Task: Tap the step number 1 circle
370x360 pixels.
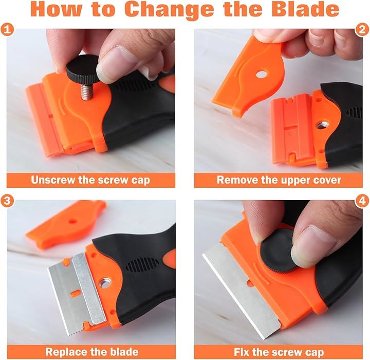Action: tap(7, 30)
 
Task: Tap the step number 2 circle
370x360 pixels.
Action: tap(362, 30)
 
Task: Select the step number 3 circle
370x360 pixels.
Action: tap(7, 201)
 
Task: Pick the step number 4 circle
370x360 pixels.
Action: tap(362, 201)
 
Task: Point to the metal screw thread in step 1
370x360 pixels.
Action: tap(87, 92)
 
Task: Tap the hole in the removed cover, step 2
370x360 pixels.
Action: tap(262, 75)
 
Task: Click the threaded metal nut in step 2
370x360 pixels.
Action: tap(321, 124)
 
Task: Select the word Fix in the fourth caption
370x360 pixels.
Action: tap(242, 352)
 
